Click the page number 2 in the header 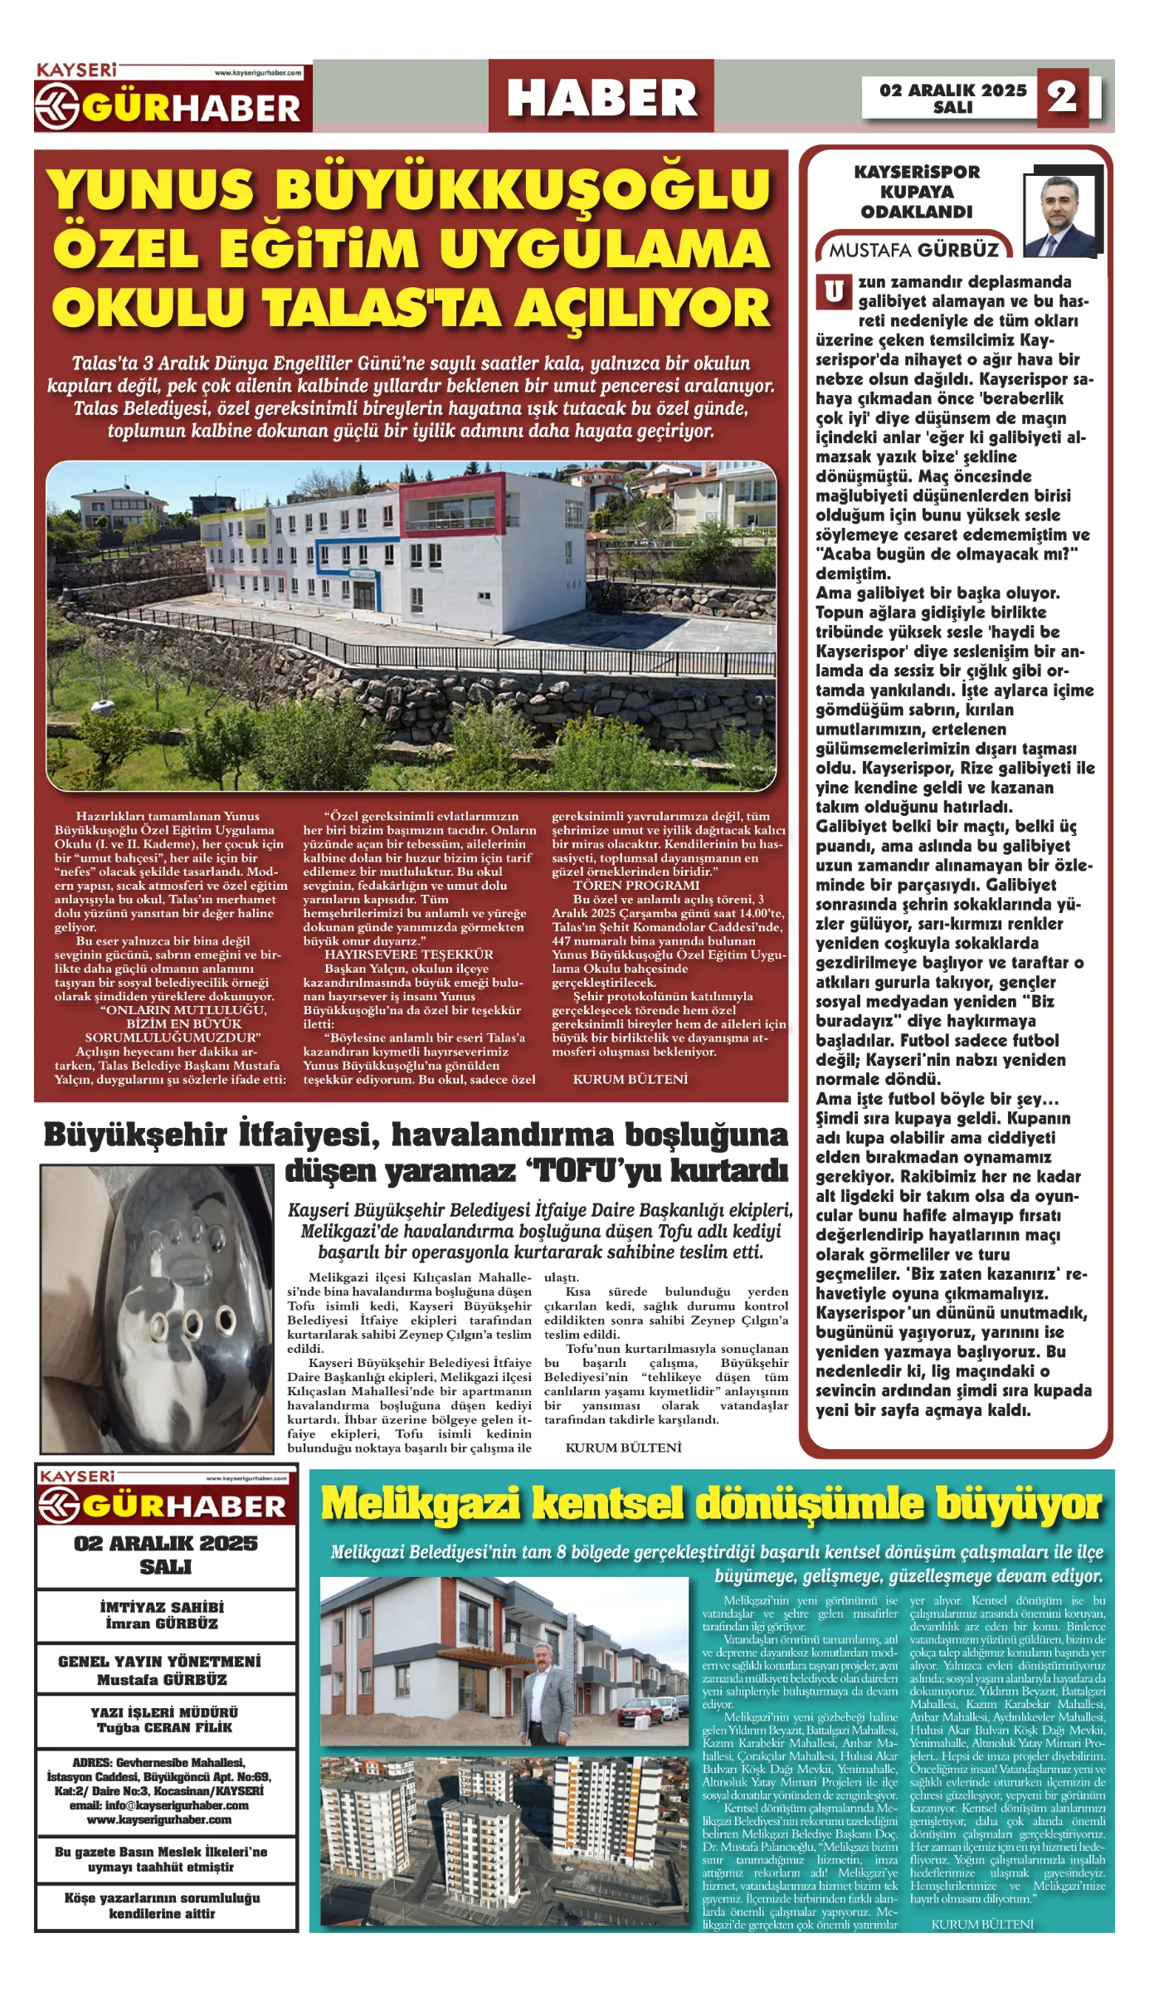(1062, 97)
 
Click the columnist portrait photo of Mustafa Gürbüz (1059, 216)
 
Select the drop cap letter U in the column (834, 292)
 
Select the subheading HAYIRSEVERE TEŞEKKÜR (408, 954)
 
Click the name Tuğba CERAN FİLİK (164, 1727)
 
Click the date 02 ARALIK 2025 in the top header (952, 90)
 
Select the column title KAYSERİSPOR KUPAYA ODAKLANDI (917, 192)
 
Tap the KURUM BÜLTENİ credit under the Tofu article (623, 1448)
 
